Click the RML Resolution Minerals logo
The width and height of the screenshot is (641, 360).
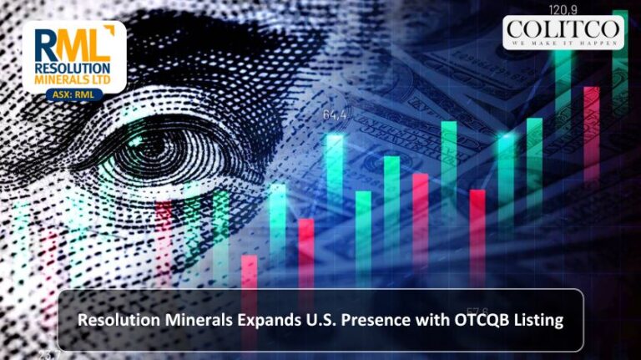click(73, 58)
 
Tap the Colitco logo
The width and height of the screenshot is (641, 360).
click(563, 32)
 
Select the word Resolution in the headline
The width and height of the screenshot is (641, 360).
click(113, 320)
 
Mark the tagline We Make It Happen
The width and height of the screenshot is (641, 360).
click(563, 43)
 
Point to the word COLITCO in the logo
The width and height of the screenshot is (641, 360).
click(563, 28)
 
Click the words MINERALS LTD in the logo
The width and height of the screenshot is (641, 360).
click(73, 81)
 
